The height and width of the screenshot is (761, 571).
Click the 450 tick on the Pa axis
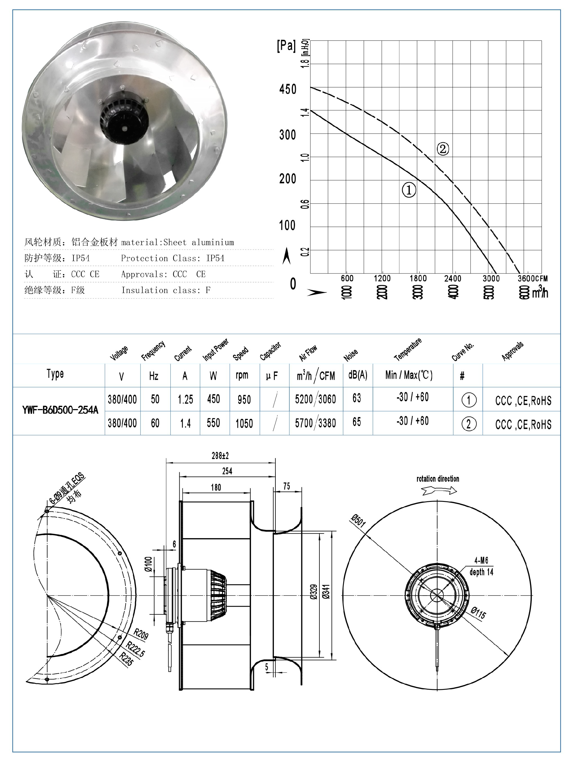[x=288, y=90]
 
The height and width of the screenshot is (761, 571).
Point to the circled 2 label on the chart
[x=443, y=149]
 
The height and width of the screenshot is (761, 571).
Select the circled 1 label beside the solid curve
[x=409, y=190]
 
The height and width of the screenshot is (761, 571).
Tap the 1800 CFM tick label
[x=418, y=278]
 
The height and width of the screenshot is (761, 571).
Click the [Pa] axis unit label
[x=286, y=46]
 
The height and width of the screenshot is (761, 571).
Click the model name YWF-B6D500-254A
[x=60, y=410]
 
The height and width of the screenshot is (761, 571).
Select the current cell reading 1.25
[x=185, y=400]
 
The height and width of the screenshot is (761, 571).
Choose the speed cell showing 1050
[x=244, y=423]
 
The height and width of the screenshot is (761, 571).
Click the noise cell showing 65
[x=357, y=422]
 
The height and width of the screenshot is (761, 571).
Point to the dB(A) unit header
[x=358, y=375]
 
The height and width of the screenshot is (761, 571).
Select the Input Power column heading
[x=215, y=350]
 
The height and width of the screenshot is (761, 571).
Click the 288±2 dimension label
[x=220, y=456]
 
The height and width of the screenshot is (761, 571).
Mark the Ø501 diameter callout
[x=358, y=521]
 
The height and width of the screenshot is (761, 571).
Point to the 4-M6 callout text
[x=481, y=560]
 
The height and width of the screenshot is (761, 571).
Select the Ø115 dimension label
[x=478, y=613]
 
